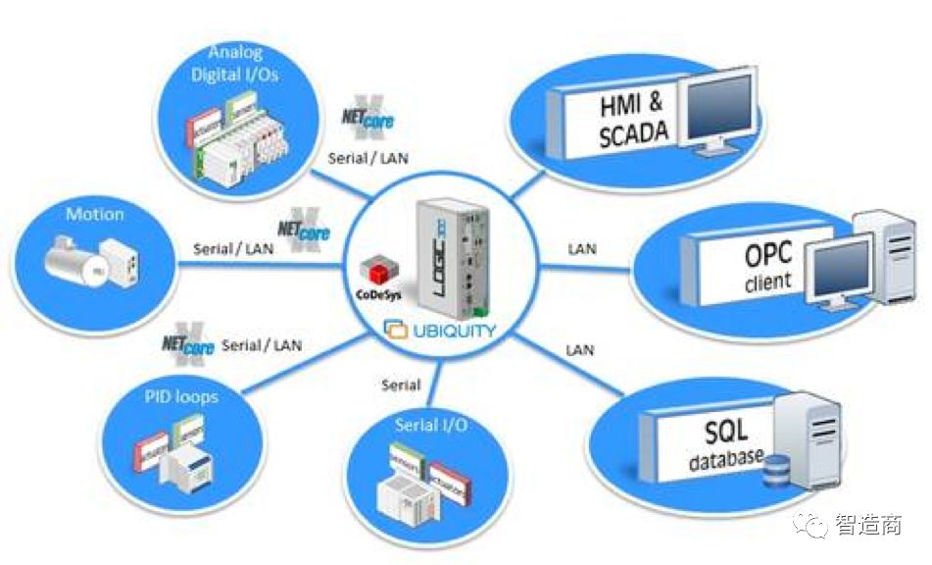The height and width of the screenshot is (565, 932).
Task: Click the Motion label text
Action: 95,213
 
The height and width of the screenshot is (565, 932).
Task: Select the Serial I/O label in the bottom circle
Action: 430,425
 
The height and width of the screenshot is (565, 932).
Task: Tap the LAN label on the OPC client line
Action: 582,249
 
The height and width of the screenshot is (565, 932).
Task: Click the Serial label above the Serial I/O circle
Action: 401,385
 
